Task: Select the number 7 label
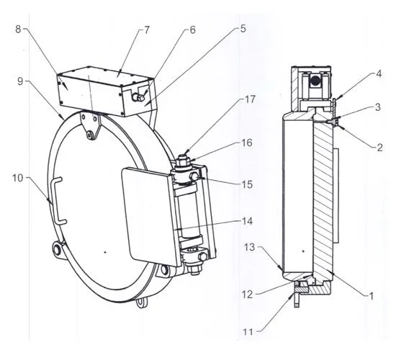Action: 148,30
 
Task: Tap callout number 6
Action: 192,30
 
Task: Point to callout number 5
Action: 243,30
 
